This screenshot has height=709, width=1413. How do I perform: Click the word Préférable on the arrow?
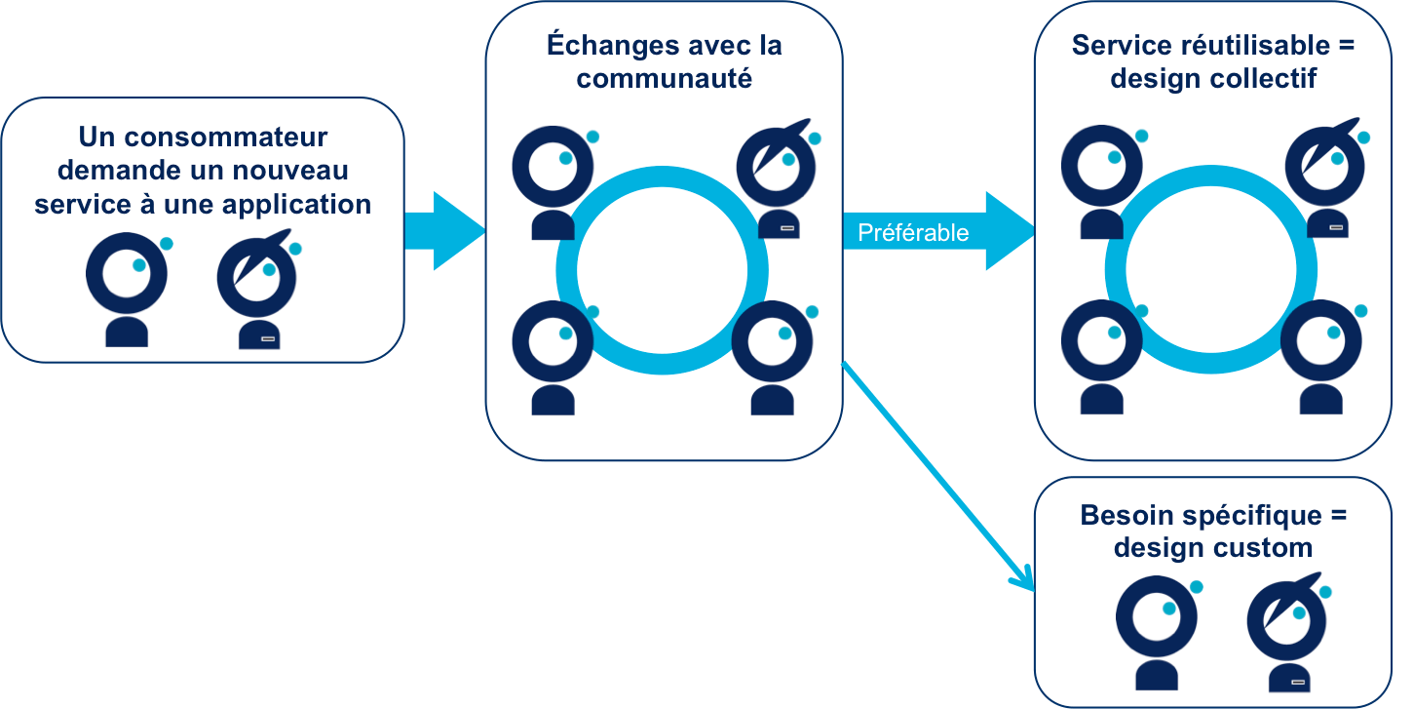pyautogui.click(x=913, y=233)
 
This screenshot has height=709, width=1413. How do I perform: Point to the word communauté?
pyautogui.click(x=664, y=78)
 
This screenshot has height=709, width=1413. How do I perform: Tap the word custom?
pyautogui.click(x=1264, y=547)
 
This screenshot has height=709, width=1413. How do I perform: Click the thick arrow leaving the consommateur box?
pyautogui.click(x=443, y=231)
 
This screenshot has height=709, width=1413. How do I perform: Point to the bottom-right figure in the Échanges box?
pyautogui.click(x=773, y=357)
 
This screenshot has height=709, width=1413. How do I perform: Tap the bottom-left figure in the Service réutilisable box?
pyautogui.click(x=1102, y=357)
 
